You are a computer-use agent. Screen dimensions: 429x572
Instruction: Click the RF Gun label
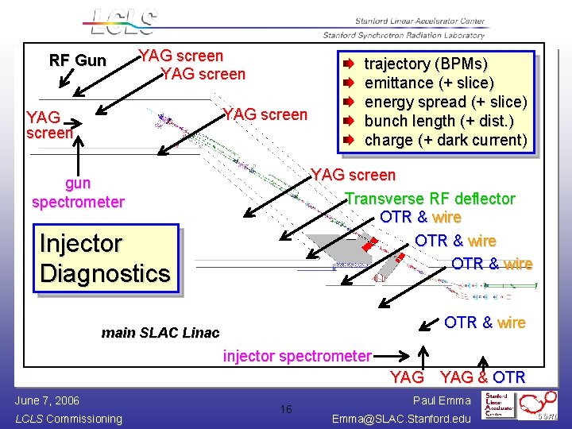pos(77,60)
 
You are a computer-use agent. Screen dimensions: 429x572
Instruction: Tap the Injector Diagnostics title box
pos(105,258)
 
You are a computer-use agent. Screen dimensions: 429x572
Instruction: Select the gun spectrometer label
pos(78,193)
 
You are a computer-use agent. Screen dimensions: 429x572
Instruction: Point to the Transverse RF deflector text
pos(431,199)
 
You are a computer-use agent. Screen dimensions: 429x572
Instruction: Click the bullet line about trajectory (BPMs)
pos(426,64)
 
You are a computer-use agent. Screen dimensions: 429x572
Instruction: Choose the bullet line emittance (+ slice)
pos(429,83)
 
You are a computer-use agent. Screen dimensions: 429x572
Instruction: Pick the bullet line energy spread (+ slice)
pos(445,102)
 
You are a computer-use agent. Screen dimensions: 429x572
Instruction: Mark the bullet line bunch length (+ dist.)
pos(439,121)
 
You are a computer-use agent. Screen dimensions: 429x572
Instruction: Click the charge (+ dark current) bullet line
pos(445,140)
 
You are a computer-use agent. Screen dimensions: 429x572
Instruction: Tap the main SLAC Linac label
pos(160,333)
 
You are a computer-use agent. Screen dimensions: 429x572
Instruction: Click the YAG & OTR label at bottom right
pos(482,377)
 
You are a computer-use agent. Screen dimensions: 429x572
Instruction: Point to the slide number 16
pos(286,409)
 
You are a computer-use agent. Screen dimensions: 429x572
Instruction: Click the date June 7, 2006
pos(47,400)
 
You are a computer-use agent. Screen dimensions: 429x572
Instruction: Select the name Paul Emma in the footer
pos(442,401)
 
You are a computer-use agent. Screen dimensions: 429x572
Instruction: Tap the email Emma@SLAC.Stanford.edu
pos(401,418)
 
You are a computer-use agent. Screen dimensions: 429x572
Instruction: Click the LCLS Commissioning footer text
pos(68,419)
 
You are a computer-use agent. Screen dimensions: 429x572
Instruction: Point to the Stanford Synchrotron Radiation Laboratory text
pos(404,35)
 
